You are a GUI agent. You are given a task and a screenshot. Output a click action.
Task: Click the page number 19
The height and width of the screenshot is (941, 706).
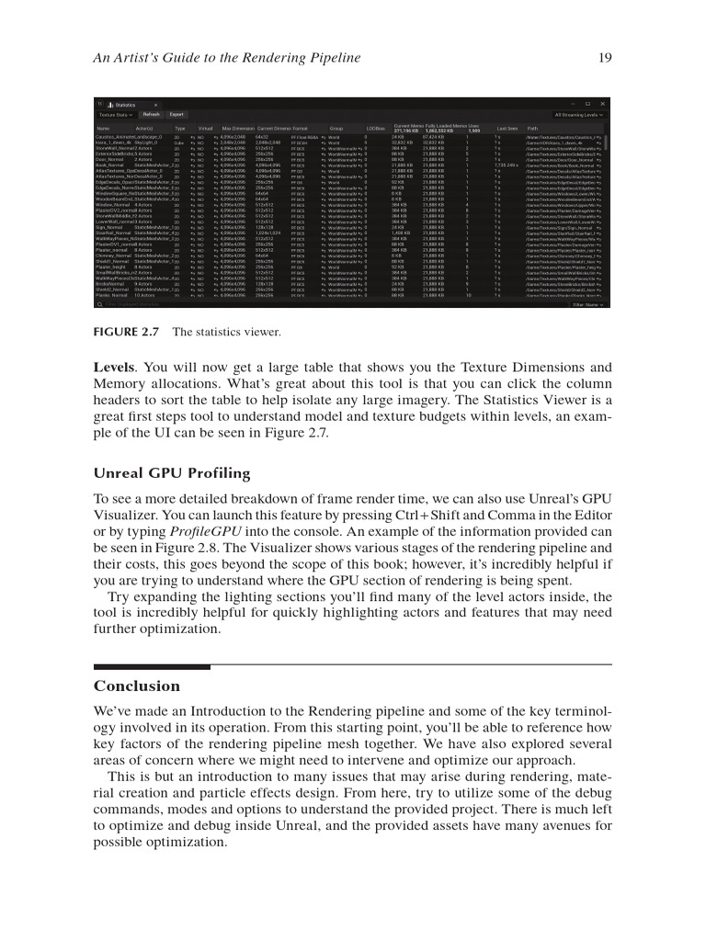point(604,59)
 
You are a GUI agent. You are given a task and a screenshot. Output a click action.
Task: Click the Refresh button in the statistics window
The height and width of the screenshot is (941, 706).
point(151,115)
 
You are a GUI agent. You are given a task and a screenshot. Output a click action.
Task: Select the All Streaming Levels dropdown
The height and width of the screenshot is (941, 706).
point(578,115)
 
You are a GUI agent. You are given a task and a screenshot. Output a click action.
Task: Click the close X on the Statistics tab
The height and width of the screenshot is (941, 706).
point(156,105)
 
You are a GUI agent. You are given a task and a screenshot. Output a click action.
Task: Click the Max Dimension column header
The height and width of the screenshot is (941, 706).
point(237,128)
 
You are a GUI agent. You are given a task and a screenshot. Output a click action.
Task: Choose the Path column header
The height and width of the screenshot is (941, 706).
point(533,128)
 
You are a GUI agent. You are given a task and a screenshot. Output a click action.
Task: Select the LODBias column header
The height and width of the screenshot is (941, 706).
point(375,128)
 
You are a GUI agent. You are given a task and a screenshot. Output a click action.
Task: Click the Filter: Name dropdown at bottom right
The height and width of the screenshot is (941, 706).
point(587,303)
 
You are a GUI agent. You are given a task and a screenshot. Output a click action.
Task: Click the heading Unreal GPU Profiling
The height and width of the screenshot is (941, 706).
point(172,473)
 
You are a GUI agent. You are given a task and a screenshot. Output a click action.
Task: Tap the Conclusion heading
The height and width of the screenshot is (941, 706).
point(137,686)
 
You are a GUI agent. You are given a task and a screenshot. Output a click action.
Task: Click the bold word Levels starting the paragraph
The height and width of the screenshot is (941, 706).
point(114,367)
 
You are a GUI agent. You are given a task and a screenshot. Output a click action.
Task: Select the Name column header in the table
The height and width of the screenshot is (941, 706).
point(103,128)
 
